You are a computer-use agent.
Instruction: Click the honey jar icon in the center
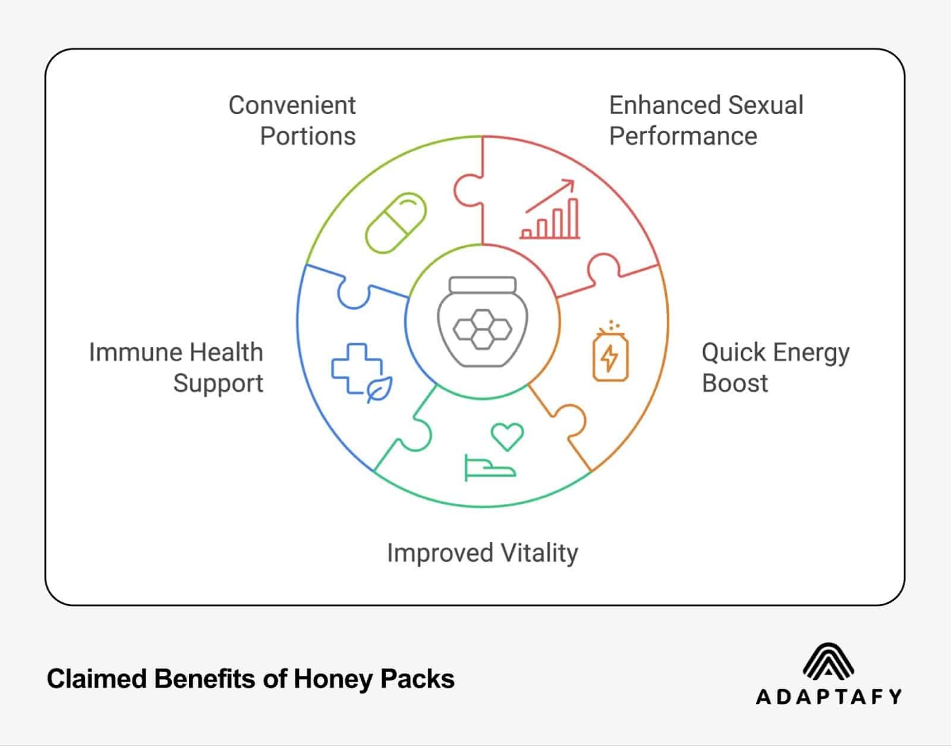click(482, 322)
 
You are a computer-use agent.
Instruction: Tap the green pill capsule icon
click(396, 222)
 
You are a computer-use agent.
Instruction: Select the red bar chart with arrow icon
click(550, 211)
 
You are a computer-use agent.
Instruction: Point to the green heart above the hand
click(507, 436)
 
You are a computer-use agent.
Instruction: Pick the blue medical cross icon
click(355, 369)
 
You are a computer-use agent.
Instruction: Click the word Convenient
click(292, 105)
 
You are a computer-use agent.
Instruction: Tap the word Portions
click(307, 136)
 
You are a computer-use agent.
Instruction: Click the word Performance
click(683, 136)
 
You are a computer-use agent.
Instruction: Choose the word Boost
click(735, 383)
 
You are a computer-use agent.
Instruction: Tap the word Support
click(218, 383)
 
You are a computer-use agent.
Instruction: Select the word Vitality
click(539, 553)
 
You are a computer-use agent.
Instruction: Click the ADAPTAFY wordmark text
click(829, 697)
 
